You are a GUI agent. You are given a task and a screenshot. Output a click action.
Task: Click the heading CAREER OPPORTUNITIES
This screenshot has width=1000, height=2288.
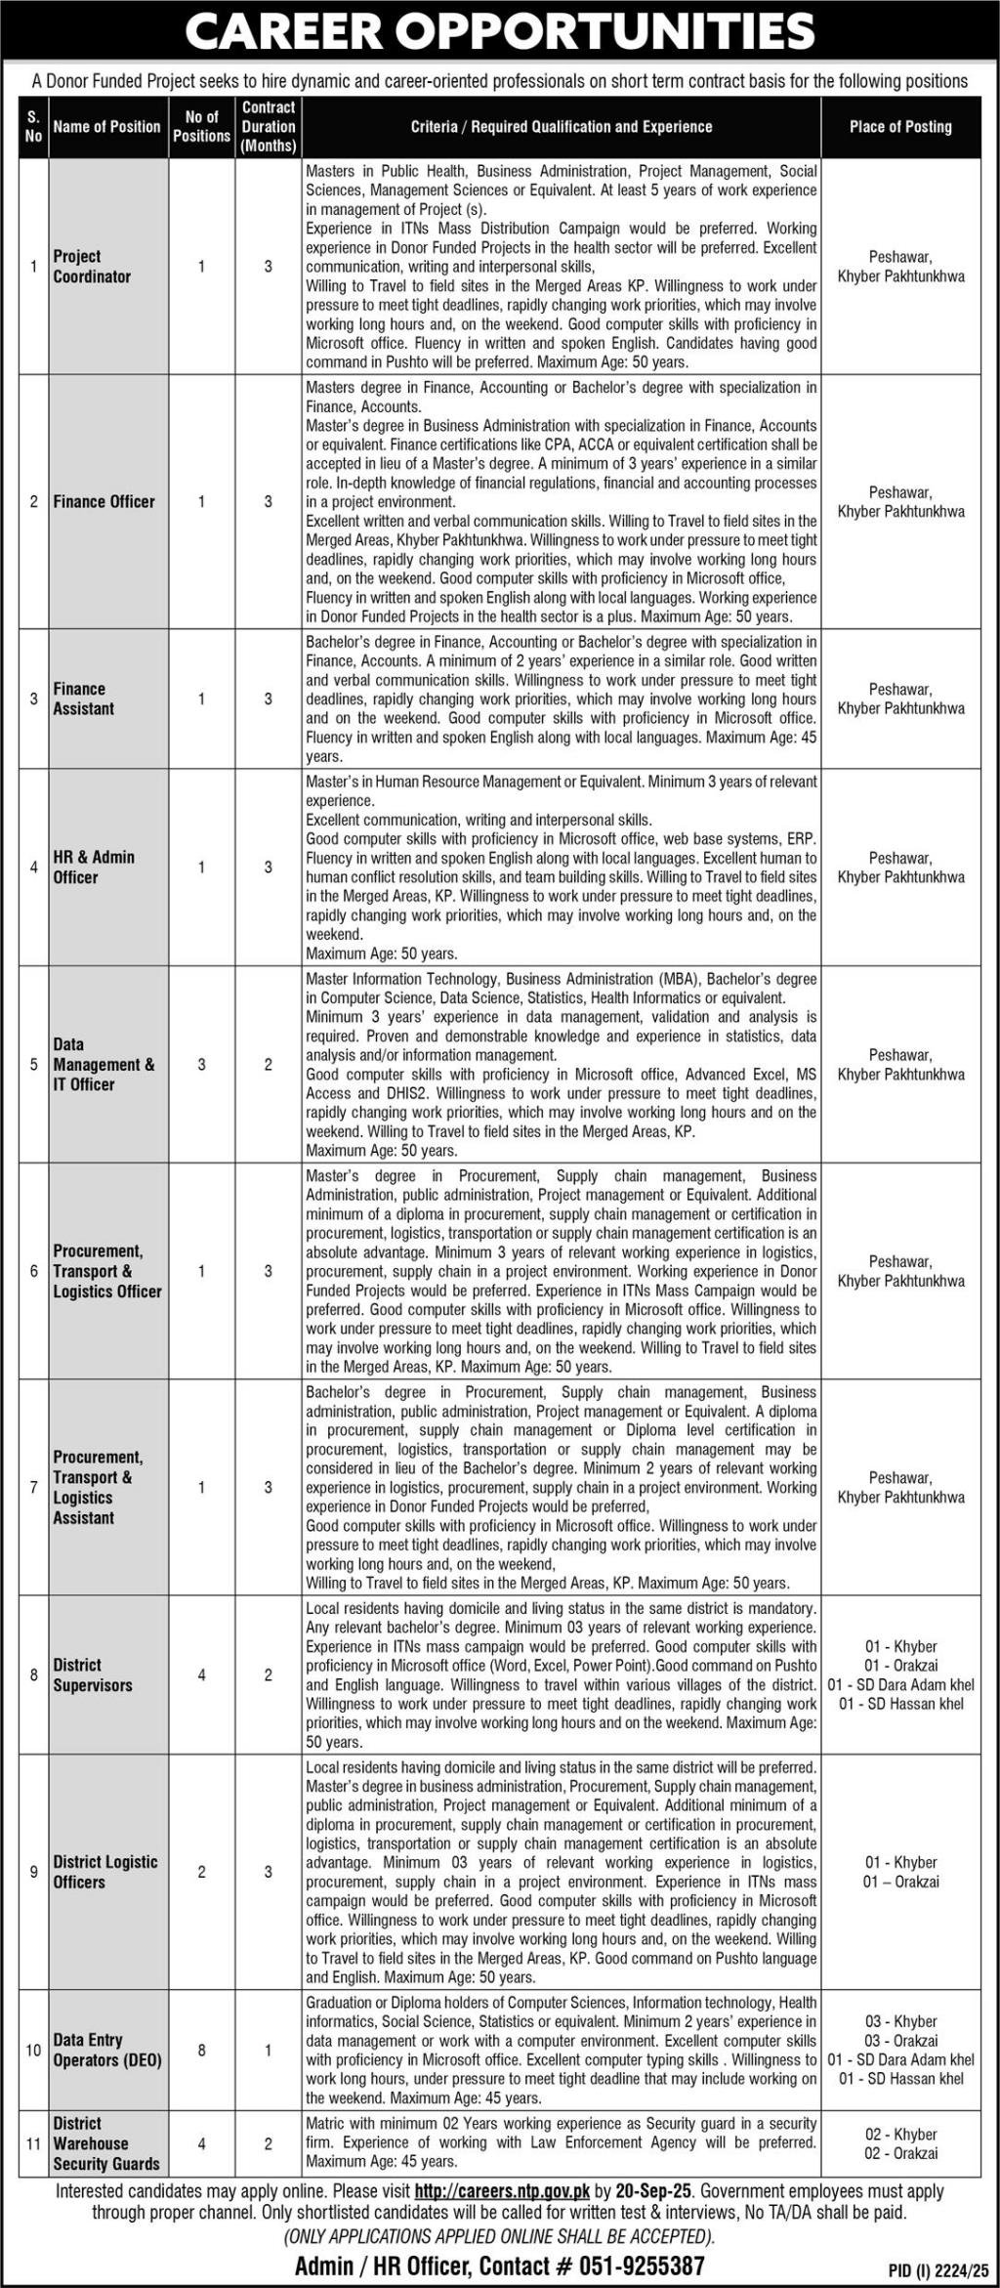(499, 31)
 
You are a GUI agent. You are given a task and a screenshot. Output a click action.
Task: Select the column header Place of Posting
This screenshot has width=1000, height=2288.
(899, 127)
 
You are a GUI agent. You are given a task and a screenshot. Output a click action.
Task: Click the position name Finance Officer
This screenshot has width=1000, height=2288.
(104, 501)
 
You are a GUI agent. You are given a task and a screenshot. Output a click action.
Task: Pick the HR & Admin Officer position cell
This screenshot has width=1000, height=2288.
(95, 867)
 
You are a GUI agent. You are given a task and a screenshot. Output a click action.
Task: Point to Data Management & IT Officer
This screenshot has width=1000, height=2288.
(104, 1064)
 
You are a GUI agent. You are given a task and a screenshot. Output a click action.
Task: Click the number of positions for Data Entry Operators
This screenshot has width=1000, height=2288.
(202, 2050)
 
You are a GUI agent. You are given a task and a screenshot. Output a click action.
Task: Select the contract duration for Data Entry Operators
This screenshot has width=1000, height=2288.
(269, 2050)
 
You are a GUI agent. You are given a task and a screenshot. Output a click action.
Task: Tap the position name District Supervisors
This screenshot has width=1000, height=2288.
(93, 1675)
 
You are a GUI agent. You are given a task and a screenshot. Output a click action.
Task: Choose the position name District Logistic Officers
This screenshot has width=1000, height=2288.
(105, 1872)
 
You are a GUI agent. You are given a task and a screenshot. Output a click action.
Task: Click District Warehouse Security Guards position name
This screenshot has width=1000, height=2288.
(105, 2143)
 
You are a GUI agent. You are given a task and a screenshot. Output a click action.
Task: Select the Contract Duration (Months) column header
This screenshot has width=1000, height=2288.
(269, 127)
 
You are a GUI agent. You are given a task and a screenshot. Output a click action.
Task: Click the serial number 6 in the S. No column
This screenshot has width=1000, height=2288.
(34, 1271)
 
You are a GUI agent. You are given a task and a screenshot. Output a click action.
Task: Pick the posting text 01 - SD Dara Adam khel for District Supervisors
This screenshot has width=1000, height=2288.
(899, 1684)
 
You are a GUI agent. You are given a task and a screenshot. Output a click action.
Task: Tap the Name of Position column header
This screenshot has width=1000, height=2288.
(106, 127)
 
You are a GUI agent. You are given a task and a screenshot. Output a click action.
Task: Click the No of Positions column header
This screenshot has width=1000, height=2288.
(202, 127)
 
